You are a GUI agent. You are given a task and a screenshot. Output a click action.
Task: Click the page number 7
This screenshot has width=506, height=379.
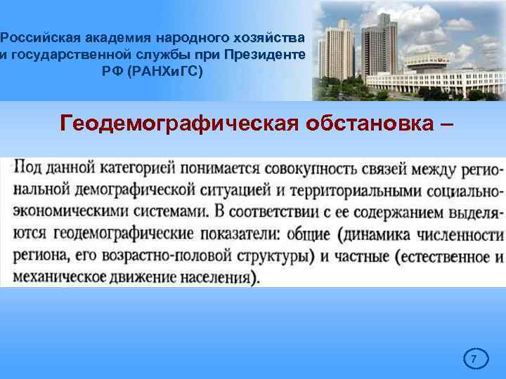474,360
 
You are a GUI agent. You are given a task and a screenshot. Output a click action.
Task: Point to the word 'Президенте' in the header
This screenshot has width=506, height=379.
264,53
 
